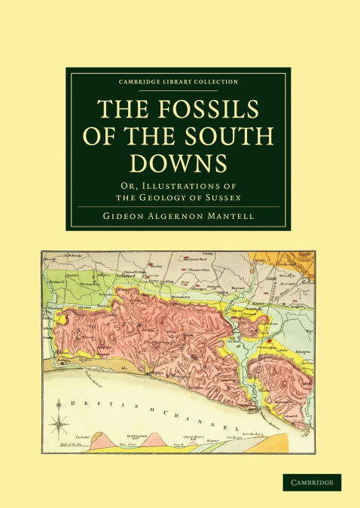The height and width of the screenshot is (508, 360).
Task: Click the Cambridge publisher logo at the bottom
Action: (312, 482)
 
